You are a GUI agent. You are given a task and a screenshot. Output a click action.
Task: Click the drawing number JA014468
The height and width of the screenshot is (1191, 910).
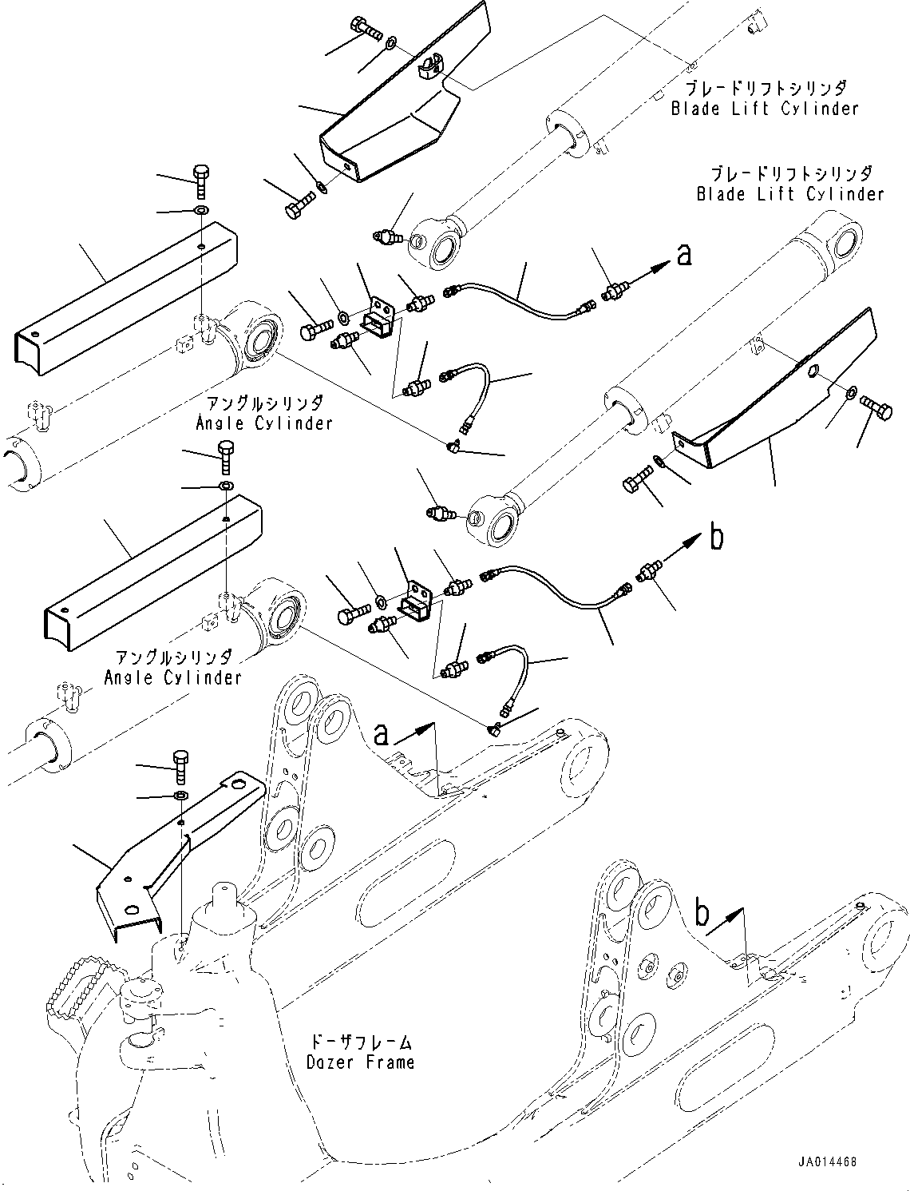click(x=825, y=1163)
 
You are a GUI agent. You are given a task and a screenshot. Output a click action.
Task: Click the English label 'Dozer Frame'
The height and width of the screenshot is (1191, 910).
click(x=361, y=1062)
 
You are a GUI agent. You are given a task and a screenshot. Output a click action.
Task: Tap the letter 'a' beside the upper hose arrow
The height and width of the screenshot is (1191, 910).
click(x=683, y=255)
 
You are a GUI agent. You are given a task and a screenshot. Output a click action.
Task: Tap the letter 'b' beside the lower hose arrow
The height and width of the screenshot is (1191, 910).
click(x=716, y=538)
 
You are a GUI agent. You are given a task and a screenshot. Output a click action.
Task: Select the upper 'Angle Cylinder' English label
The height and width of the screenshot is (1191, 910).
click(x=264, y=423)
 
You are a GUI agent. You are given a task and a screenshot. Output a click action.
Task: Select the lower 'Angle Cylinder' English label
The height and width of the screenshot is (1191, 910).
click(x=172, y=677)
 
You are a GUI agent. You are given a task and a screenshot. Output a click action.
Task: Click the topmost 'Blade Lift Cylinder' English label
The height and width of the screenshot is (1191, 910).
click(x=764, y=109)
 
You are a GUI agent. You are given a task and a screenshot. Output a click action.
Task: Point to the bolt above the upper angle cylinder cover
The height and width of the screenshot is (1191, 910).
click(x=200, y=181)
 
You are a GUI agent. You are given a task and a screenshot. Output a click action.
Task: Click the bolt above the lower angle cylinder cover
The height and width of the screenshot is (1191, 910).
click(x=226, y=455)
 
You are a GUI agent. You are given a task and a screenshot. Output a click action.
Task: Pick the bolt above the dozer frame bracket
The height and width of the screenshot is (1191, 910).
click(x=181, y=766)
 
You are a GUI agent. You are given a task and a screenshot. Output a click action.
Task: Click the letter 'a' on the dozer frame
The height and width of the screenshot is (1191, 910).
click(x=382, y=733)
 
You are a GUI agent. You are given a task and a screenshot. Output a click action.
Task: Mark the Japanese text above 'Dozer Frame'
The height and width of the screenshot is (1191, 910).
click(x=361, y=1042)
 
